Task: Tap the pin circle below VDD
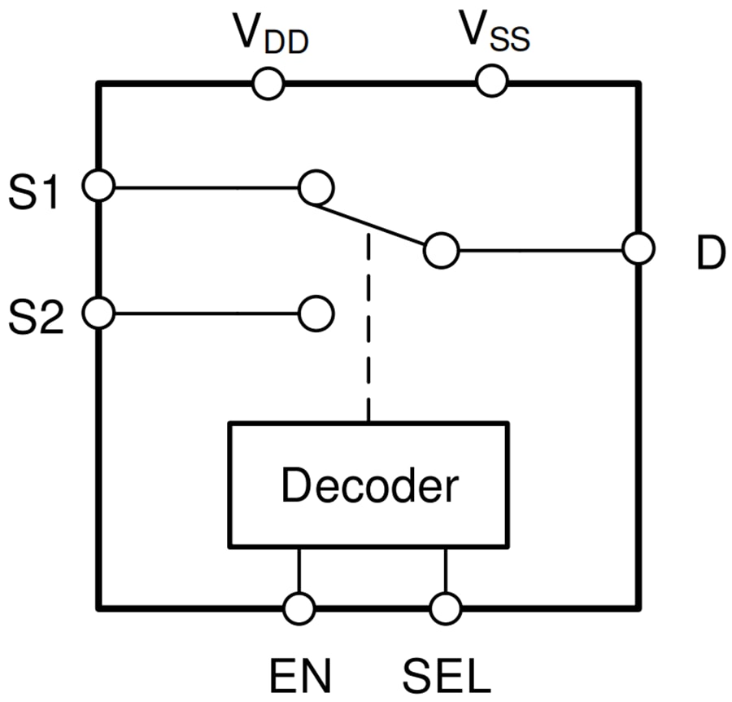[268, 83]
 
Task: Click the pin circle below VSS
[492, 81]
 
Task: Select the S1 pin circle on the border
[98, 186]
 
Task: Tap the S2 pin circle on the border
[98, 313]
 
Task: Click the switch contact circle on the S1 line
[316, 188]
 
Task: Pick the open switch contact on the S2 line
[316, 314]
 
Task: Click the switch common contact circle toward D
[442, 251]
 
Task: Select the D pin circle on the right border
[638, 249]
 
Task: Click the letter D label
[709, 256]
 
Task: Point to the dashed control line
[368, 326]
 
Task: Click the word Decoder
[369, 486]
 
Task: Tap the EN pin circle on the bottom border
[299, 608]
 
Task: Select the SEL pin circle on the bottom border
[445, 608]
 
